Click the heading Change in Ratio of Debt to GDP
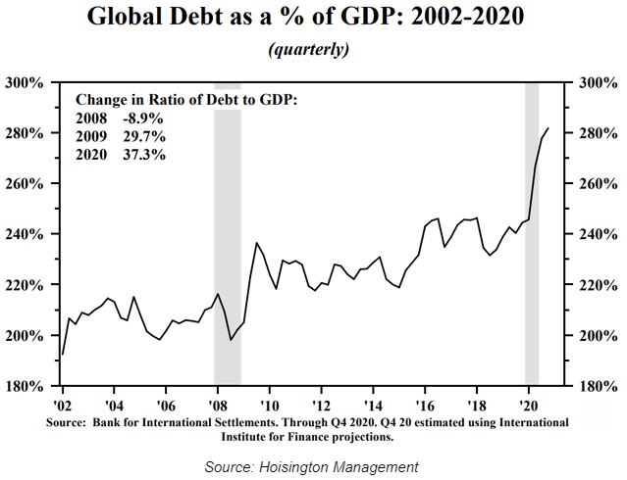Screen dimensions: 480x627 [185, 100]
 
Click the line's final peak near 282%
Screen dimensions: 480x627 [548, 128]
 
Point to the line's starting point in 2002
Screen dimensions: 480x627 [63, 355]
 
